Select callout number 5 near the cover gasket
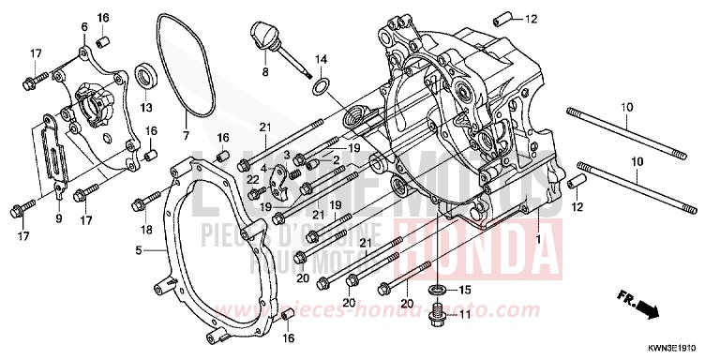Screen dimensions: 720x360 (x=138, y=250)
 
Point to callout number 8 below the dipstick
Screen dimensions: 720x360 (x=265, y=72)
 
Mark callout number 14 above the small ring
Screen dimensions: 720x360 (x=321, y=60)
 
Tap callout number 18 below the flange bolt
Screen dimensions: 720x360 (x=146, y=230)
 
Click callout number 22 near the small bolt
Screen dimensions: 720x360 (x=252, y=178)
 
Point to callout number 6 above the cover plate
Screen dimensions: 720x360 (x=83, y=26)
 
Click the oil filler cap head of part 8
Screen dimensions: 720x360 (x=259, y=37)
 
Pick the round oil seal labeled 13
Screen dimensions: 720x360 (x=146, y=75)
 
